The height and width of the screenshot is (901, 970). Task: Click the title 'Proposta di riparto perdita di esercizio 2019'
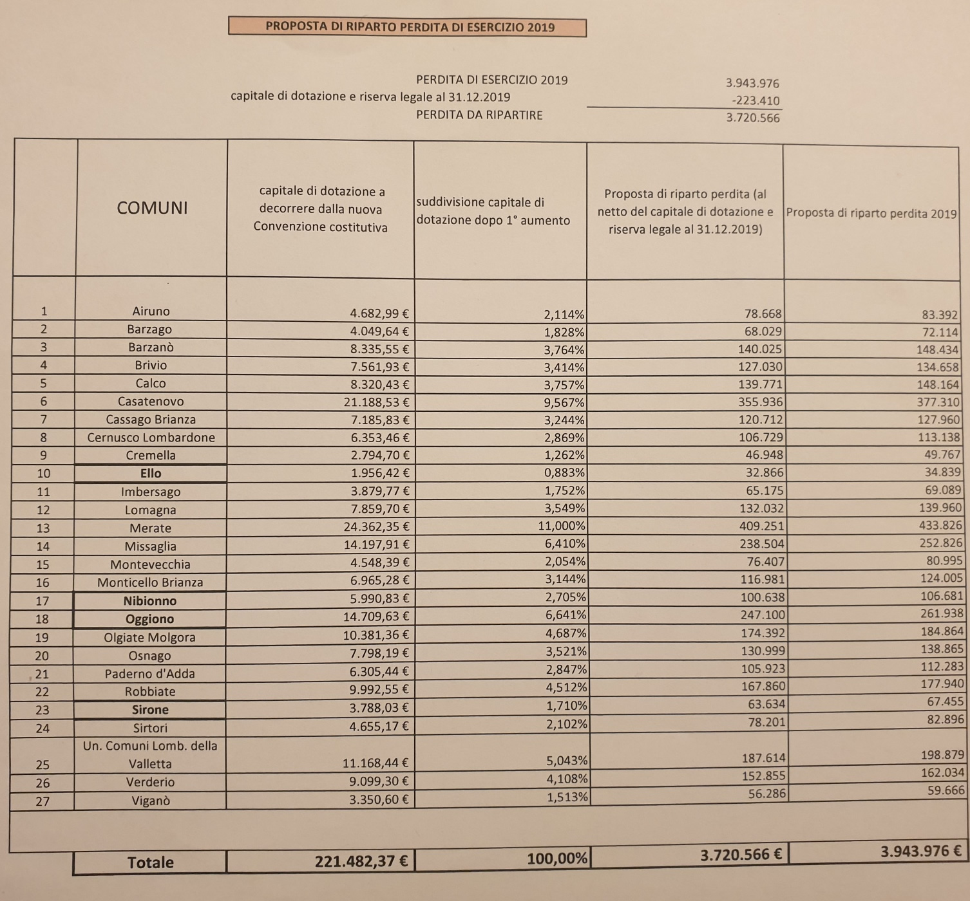pyautogui.click(x=410, y=27)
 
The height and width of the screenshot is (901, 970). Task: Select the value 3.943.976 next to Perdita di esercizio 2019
pyautogui.click(x=752, y=83)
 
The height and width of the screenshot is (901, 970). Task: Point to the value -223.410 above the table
pyautogui.click(x=756, y=100)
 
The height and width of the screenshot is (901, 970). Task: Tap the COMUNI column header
pyautogui.click(x=152, y=208)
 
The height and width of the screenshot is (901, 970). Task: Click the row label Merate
pyautogui.click(x=150, y=528)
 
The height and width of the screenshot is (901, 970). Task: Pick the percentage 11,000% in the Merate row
pyautogui.click(x=561, y=526)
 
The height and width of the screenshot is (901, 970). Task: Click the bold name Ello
pyautogui.click(x=151, y=473)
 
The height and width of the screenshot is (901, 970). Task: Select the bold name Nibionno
pyautogui.click(x=149, y=600)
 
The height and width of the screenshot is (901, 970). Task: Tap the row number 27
pyautogui.click(x=43, y=801)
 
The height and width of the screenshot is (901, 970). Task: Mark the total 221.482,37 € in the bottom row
pyautogui.click(x=361, y=861)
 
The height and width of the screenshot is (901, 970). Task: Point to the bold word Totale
pyautogui.click(x=151, y=862)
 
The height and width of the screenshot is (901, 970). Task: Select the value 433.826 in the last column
pyautogui.click(x=940, y=525)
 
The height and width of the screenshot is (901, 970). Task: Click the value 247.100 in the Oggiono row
pyautogui.click(x=762, y=615)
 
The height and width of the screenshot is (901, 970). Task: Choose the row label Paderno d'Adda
pyautogui.click(x=149, y=674)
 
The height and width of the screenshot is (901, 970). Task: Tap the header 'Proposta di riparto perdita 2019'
pyautogui.click(x=871, y=213)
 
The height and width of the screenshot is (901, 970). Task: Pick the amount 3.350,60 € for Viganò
pyautogui.click(x=379, y=799)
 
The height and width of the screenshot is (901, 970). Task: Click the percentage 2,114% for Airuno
pyautogui.click(x=564, y=315)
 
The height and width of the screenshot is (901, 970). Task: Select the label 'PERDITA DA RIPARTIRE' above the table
pyautogui.click(x=479, y=115)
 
